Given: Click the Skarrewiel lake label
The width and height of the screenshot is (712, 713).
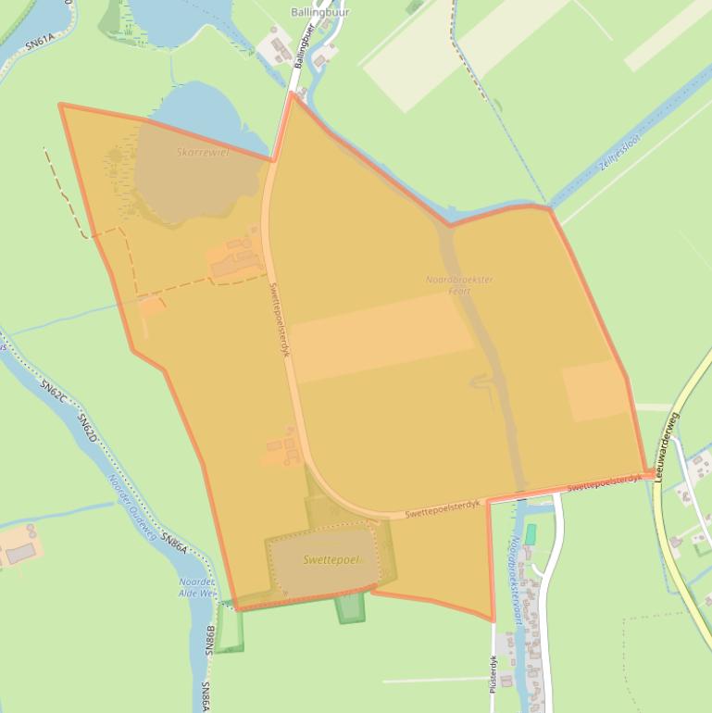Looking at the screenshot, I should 202,152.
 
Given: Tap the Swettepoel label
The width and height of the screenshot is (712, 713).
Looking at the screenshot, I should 328,560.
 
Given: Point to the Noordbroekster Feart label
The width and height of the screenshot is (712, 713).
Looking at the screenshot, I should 459,285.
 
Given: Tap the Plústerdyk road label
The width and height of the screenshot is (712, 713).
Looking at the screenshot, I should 493,673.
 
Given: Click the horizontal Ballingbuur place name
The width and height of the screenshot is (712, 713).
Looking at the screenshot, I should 320,12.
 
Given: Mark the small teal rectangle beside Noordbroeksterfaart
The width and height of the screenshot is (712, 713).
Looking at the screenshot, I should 530,534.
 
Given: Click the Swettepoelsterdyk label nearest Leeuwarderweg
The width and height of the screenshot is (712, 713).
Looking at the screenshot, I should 603,482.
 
